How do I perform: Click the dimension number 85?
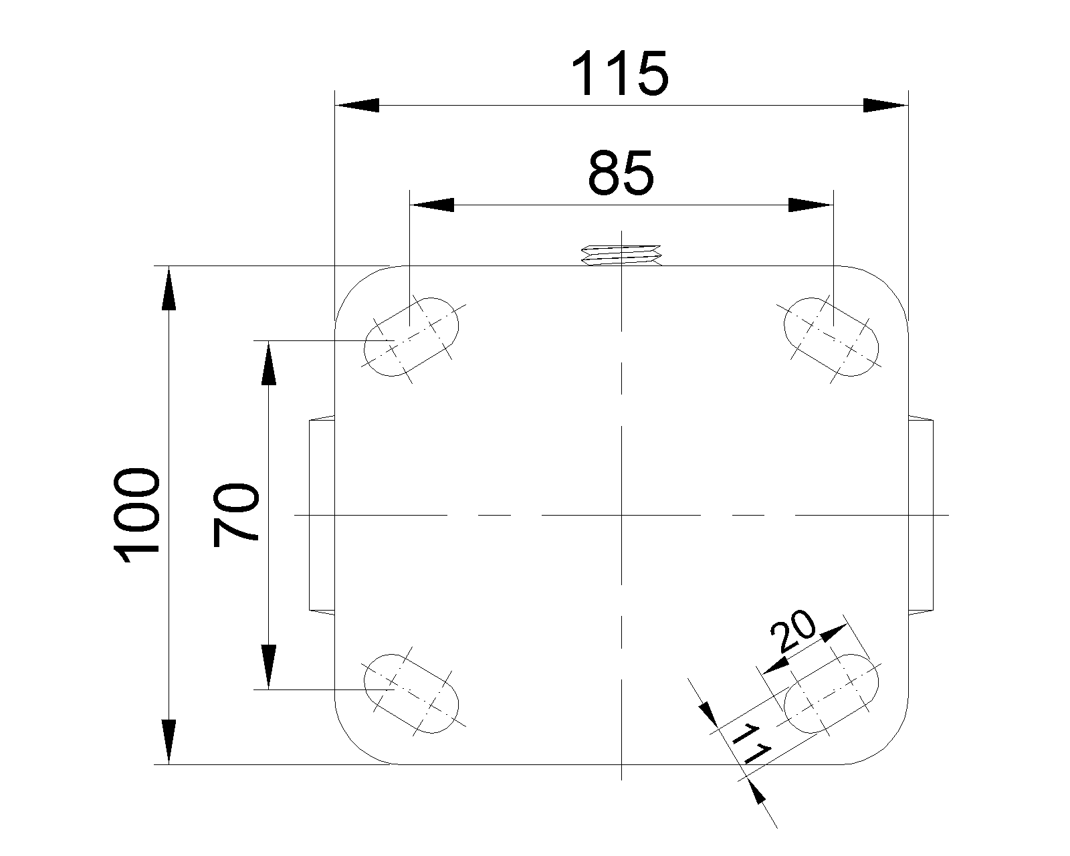point(621,173)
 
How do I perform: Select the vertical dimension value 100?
point(137,516)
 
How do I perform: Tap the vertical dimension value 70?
point(235,515)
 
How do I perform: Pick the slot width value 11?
point(752,744)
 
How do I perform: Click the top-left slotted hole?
point(411,336)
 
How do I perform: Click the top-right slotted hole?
point(831,336)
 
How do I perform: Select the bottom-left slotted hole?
point(411,693)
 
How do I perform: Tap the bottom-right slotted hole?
point(831,693)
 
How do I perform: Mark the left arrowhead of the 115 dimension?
point(358,105)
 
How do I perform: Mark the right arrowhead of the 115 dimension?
point(884,105)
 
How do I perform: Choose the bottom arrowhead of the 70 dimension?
point(268,666)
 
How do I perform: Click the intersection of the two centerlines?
point(622,516)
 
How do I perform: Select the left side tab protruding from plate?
point(322,515)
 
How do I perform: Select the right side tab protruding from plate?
point(921,515)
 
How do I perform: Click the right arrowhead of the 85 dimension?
point(810,205)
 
